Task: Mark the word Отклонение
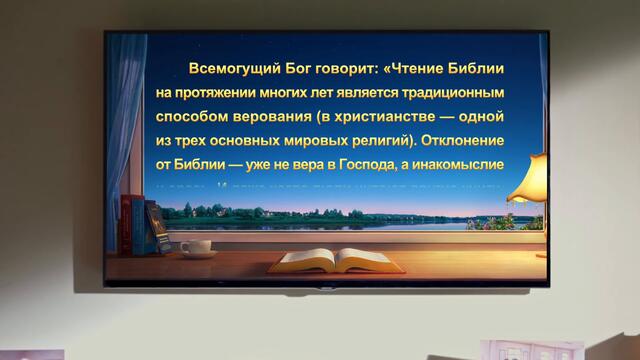484,141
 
